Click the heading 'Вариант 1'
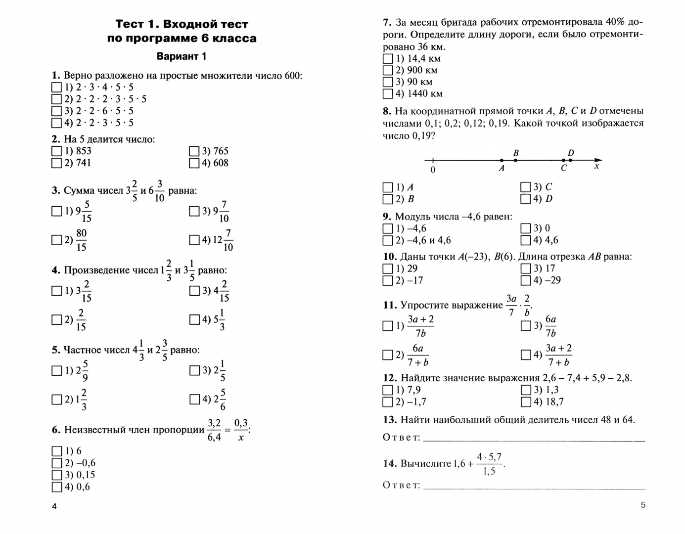181,56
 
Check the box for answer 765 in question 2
194,151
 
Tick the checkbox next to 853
56,151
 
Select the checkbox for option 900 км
388,70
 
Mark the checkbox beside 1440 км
388,94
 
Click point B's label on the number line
516,153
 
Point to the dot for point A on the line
502,160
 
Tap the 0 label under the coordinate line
433,170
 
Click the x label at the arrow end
596,167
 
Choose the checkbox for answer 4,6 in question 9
525,240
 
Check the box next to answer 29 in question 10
388,269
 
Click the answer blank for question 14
534,486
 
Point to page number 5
643,505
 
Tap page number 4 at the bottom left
54,506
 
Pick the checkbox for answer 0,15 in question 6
56,475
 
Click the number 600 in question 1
292,76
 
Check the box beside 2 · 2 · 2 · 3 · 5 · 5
56,99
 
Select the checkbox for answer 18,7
525,402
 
